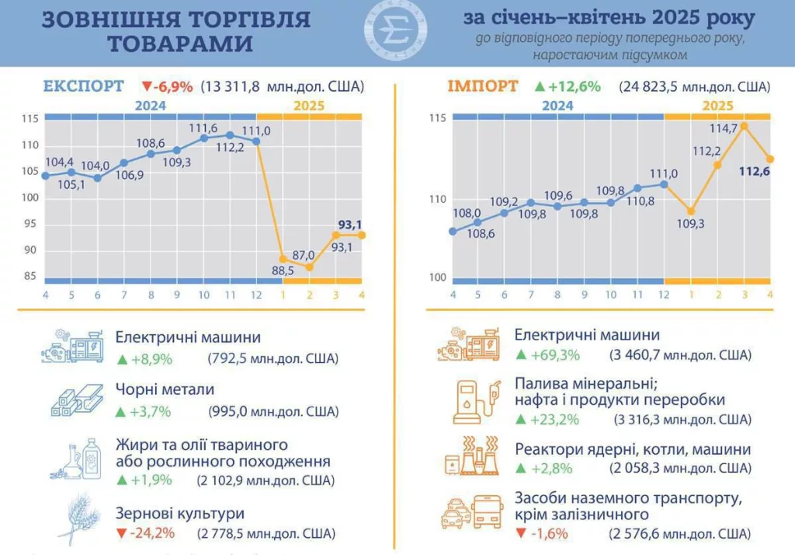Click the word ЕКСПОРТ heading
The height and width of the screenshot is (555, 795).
[x=83, y=86]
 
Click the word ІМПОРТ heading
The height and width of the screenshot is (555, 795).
[x=482, y=86]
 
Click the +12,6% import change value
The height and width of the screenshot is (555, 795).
[x=575, y=86]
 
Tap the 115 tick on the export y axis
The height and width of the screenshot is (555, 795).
[x=30, y=119]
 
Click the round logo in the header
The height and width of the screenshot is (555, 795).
[x=396, y=31]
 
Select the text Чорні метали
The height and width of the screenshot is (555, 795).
[x=165, y=389]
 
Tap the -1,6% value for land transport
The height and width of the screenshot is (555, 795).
[x=547, y=534]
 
